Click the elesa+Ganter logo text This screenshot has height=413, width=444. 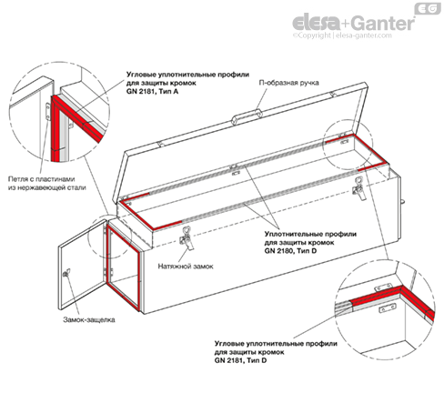pos(353,23)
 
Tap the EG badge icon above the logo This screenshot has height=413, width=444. pos(428,9)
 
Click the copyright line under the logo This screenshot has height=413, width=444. pos(342,35)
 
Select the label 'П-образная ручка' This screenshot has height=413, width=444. pos(288,83)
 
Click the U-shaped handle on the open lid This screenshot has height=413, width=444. pos(247,116)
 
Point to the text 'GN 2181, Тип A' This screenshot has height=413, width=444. pos(153,91)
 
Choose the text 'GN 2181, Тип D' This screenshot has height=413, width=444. pos(241,360)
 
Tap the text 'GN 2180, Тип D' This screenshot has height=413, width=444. pos(290,251)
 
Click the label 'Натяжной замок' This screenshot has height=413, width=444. pos(186,267)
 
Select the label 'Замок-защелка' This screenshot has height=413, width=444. pos(89,319)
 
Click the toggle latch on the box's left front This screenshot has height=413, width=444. pos(187,238)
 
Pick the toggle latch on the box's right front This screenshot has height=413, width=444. pos(359,188)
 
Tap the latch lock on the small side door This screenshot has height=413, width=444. pos(66,273)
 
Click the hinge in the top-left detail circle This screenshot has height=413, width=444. pos(48,112)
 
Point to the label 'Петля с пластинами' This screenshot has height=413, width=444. pos(41,179)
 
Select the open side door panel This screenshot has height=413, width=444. pos(82,265)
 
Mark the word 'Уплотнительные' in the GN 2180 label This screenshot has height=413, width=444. pos(291,234)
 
